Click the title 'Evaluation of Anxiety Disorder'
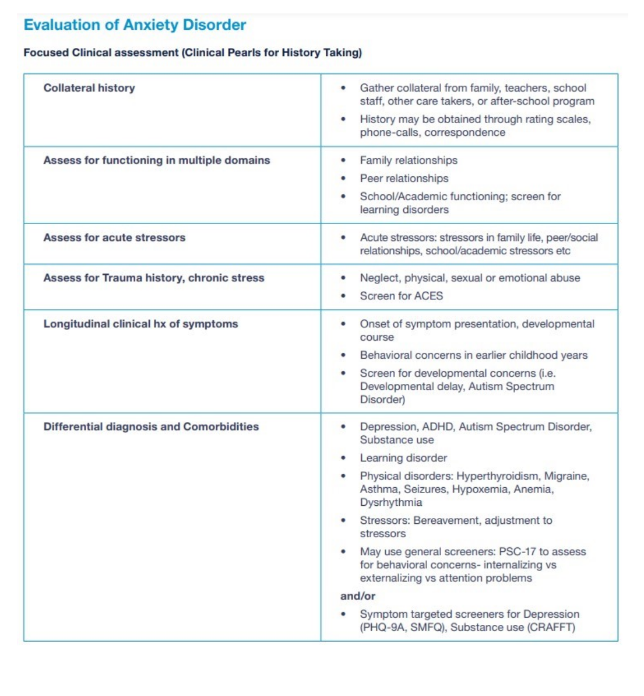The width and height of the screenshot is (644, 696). [135, 25]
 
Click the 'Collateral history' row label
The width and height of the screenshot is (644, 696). [89, 88]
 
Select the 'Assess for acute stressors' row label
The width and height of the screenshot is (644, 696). [114, 237]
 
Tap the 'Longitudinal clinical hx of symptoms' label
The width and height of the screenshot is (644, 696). [140, 324]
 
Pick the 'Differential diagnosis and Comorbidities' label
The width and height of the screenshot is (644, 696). [151, 426]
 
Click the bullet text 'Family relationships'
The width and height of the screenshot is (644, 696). [409, 160]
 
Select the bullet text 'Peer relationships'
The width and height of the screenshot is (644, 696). [404, 179]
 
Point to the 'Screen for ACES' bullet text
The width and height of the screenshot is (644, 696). [401, 296]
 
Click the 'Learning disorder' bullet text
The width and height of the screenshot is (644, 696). [403, 458]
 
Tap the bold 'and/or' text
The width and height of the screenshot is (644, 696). [358, 596]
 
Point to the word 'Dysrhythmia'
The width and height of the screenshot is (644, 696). [390, 502]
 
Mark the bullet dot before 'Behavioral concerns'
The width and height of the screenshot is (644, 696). [343, 355]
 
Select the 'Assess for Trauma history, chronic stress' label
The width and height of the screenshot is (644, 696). [154, 278]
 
